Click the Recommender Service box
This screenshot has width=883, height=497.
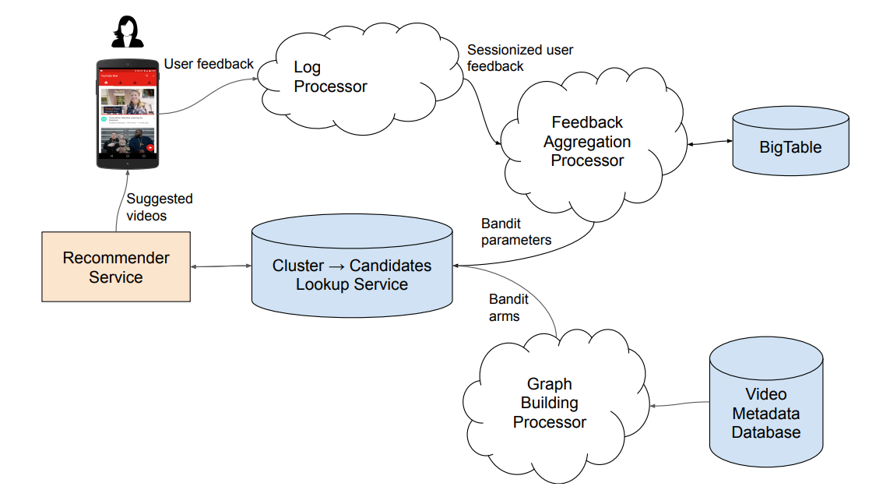pos(115,267)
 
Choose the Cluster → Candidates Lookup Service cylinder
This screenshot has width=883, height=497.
pos(352,270)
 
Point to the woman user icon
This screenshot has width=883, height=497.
pos(127,31)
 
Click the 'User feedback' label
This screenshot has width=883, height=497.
pos(209,64)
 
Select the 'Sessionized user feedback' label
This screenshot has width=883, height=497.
pos(520,58)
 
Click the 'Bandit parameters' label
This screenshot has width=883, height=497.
pos(516,232)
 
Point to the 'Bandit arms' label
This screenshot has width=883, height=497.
pos(508,308)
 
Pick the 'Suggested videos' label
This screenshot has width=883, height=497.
pos(160,207)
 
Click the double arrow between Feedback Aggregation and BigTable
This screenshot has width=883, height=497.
pos(709,143)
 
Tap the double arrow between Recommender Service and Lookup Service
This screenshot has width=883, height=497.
pos(221,267)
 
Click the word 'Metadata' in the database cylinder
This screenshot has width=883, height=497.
pos(766,414)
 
